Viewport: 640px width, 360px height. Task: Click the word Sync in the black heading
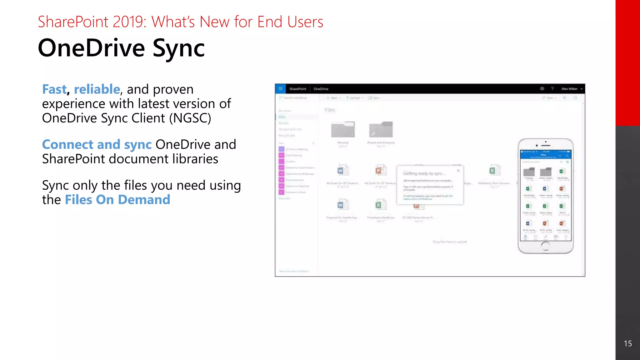tap(178, 49)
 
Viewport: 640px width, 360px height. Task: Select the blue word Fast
tap(54, 89)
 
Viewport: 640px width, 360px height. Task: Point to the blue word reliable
tap(97, 89)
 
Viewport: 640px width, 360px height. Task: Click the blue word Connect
tap(67, 144)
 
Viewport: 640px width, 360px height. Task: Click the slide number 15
tap(627, 344)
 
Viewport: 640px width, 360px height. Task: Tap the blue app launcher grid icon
tap(280, 89)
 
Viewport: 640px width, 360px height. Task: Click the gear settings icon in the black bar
tap(542, 89)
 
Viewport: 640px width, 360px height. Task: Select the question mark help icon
tap(552, 89)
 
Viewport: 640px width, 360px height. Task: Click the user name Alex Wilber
tap(569, 89)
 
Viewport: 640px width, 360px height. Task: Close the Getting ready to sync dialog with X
tap(458, 170)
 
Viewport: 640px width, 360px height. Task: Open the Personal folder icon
tap(343, 129)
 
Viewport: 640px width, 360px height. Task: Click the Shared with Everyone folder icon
tap(381, 129)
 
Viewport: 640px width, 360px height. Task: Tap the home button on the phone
tap(545, 246)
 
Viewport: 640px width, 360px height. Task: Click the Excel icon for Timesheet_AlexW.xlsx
tap(380, 205)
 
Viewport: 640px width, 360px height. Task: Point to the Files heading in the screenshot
tap(330, 110)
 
